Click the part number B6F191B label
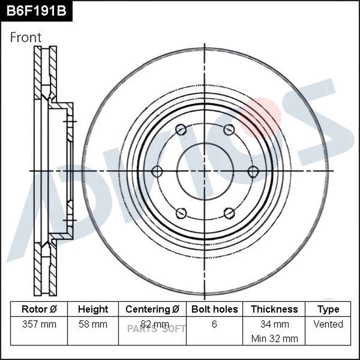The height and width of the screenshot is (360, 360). click(36, 11)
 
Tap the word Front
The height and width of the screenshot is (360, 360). click(26, 37)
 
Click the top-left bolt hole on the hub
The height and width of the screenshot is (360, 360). click(181, 130)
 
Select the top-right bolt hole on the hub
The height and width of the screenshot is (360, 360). click(228, 130)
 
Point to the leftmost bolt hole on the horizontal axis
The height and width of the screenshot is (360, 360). click(157, 172)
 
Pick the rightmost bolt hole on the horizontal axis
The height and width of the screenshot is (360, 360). click(253, 172)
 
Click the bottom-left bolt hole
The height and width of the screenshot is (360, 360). click(181, 213)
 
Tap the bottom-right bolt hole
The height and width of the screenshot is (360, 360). click(229, 213)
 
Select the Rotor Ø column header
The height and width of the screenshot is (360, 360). click(39, 309)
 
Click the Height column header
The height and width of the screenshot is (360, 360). click(93, 309)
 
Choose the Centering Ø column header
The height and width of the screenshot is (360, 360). click(152, 309)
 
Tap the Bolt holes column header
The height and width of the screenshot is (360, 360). click(214, 309)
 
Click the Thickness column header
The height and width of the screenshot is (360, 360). click(274, 309)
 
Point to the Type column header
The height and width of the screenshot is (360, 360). click(328, 309)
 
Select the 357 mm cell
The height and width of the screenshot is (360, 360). click(39, 324)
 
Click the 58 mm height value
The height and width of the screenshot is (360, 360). click(93, 324)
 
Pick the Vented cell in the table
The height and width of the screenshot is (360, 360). click(328, 324)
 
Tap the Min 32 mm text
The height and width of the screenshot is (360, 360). click(274, 338)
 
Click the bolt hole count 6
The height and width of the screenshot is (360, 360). click(214, 324)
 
